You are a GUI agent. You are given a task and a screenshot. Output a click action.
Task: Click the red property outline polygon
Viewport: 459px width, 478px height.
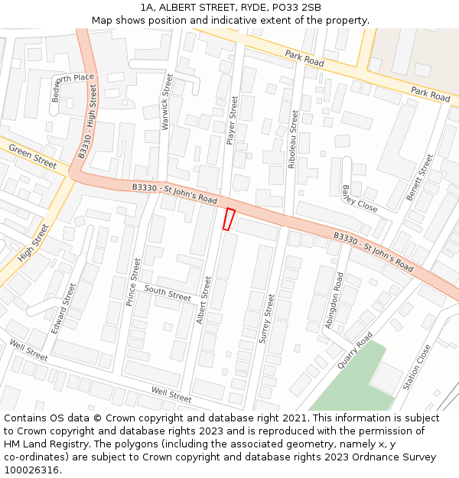click(228, 219)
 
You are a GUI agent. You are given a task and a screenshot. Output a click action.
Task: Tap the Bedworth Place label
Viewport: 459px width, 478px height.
click(72, 79)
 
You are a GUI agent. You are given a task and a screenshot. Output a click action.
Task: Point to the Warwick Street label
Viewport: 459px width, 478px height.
click(166, 102)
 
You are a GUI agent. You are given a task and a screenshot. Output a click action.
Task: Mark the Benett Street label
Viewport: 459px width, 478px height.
click(419, 177)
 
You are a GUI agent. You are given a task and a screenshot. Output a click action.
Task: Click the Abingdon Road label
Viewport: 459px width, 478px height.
click(334, 301)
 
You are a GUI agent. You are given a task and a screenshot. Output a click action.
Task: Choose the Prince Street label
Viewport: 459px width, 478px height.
click(133, 281)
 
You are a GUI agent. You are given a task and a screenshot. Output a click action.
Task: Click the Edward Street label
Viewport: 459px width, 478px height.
click(64, 308)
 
